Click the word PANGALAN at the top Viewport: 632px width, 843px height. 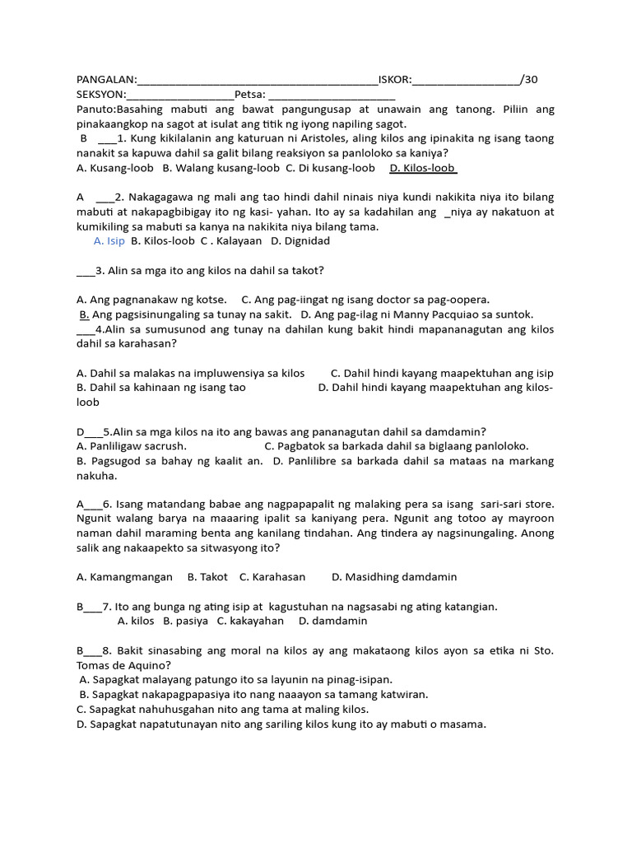coord(106,80)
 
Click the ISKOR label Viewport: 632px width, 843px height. coord(394,80)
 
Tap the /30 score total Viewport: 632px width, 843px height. coord(529,80)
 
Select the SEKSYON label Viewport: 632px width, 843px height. coord(101,95)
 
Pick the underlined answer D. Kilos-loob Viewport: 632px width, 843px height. coord(422,168)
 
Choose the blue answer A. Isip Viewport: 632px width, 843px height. coord(109,241)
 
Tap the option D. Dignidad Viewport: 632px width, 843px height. coord(300,241)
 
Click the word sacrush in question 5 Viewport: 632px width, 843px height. coord(164,446)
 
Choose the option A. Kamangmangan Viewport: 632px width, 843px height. coord(124,577)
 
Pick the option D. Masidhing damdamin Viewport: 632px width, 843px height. coord(394,577)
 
